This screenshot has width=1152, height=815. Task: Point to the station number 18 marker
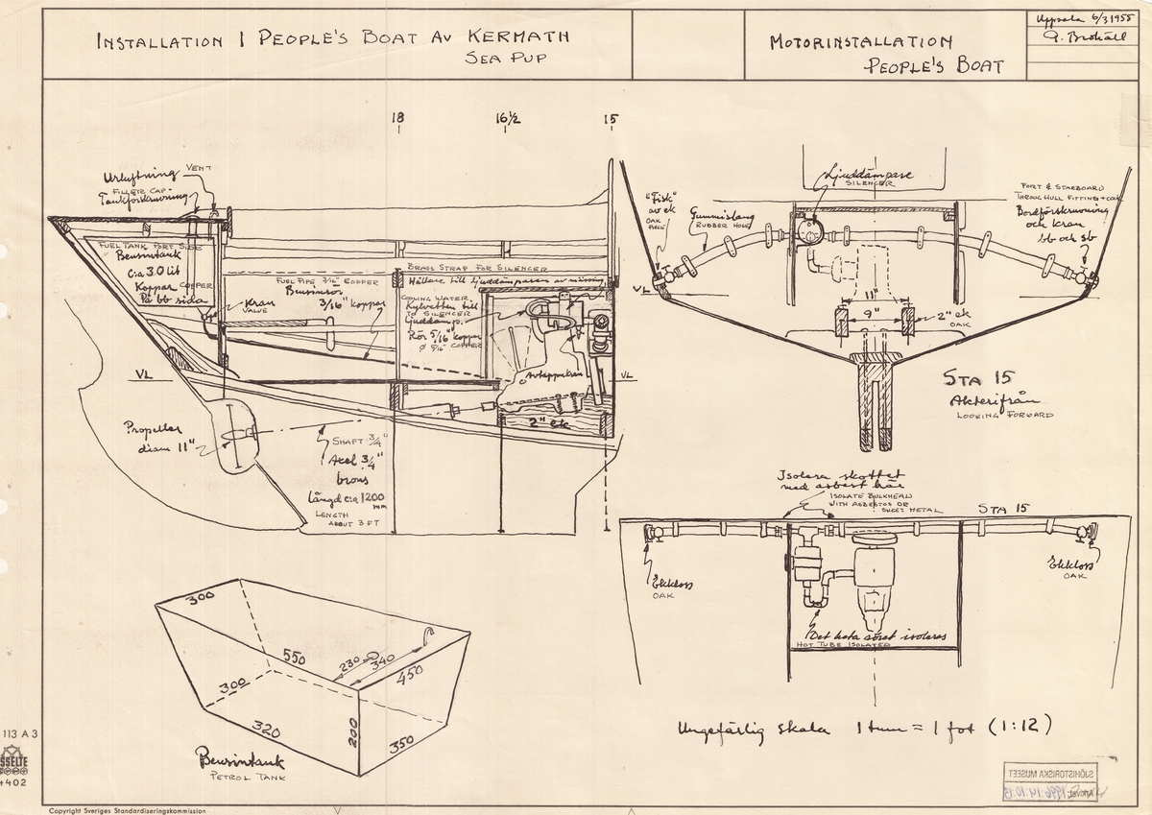coord(397,118)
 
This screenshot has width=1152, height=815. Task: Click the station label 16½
coord(508,118)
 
